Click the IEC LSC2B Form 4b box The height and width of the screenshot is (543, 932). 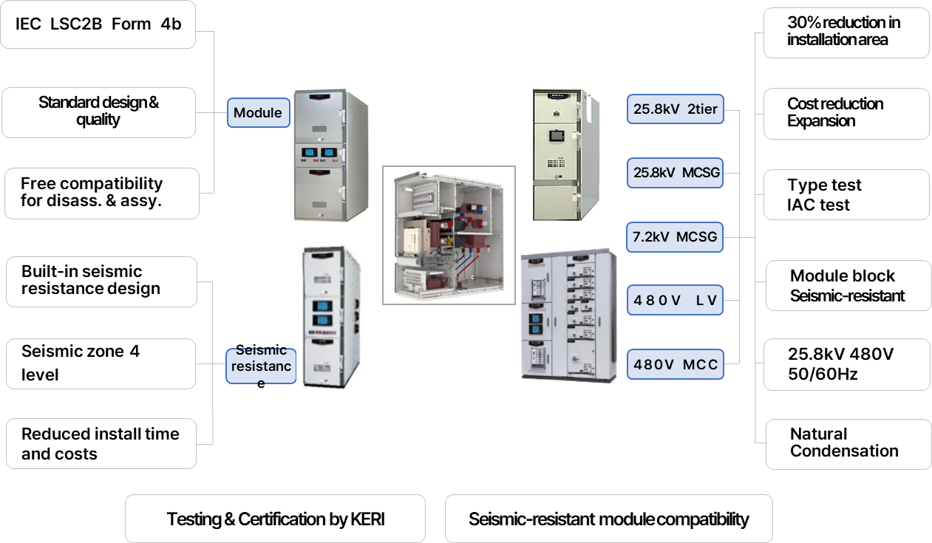[98, 24]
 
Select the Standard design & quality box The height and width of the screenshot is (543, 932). [98, 112]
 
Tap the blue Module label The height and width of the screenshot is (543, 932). [258, 113]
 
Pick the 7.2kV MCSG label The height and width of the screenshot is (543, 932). [675, 238]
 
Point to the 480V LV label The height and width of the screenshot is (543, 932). [675, 301]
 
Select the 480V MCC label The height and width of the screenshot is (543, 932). [675, 363]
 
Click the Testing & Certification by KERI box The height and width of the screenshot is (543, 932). [275, 519]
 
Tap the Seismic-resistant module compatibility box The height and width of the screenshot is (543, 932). [608, 519]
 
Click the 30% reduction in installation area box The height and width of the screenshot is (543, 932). [846, 32]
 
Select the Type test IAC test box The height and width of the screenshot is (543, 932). [846, 195]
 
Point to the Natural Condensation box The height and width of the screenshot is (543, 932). [846, 443]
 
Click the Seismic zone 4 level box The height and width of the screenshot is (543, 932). [101, 363]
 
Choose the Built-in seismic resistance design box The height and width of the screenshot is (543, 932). [101, 281]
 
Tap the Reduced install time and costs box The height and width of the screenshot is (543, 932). [101, 444]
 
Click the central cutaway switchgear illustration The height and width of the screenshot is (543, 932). [449, 235]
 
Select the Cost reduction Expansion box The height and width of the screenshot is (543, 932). [846, 113]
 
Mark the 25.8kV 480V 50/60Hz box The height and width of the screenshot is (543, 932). [846, 364]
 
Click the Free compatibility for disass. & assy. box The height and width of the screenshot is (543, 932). [101, 193]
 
